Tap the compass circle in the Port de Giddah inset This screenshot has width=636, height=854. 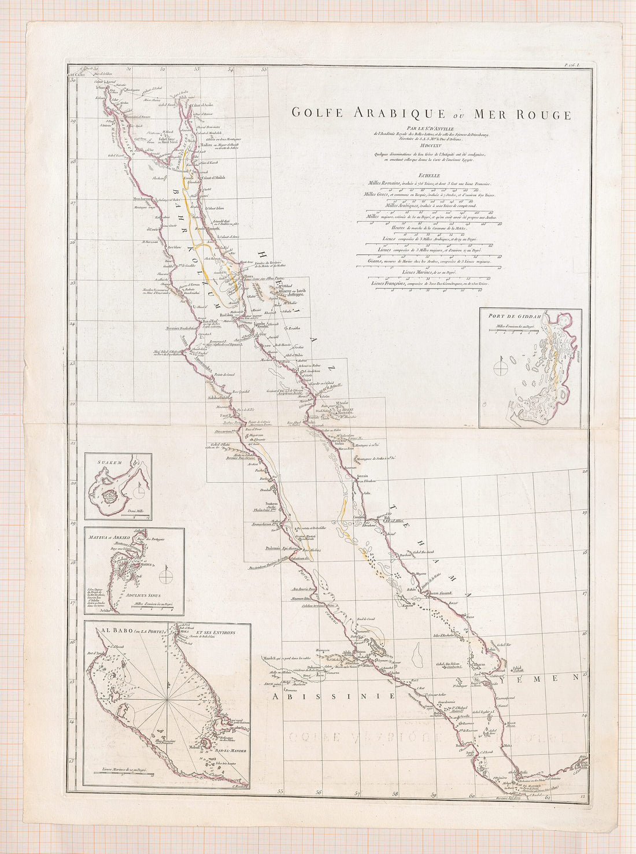(501, 367)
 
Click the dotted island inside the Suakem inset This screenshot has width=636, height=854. (109, 497)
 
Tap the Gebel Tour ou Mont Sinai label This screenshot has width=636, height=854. (165, 140)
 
